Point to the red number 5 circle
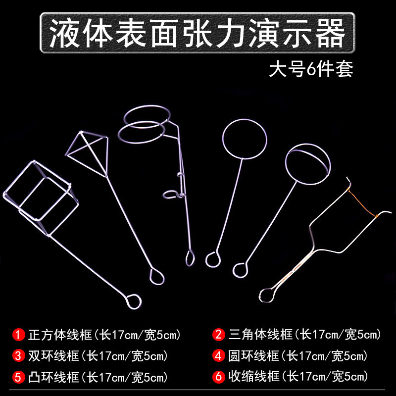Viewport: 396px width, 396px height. point(18,377)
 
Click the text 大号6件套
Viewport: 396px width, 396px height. point(311,69)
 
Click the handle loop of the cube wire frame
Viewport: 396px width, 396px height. point(133,300)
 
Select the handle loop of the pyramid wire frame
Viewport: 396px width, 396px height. point(157,276)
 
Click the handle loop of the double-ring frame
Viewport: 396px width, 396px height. point(189,257)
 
